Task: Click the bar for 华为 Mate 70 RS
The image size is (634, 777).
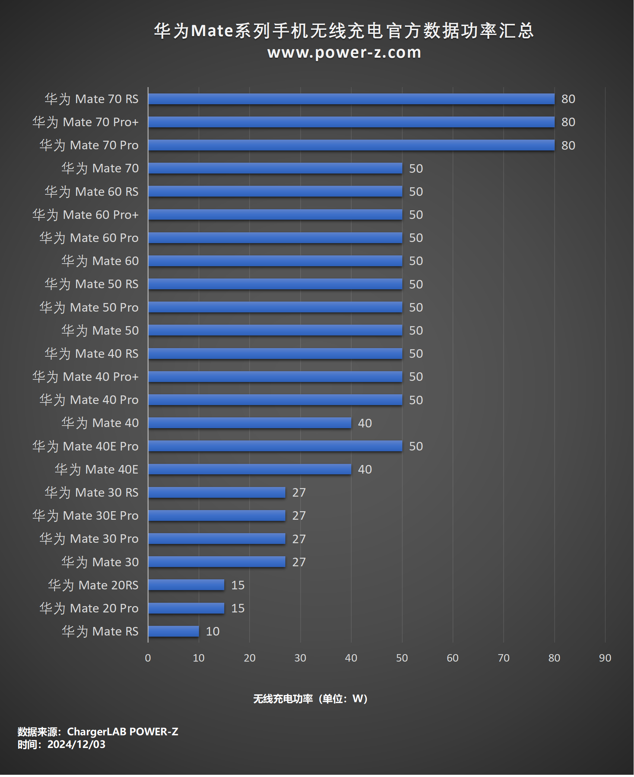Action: click(351, 99)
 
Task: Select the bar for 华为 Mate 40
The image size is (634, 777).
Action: click(250, 423)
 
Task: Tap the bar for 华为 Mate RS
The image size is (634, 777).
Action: click(174, 631)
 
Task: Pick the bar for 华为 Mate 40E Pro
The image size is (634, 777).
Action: click(275, 446)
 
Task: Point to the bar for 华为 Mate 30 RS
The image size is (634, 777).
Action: click(217, 493)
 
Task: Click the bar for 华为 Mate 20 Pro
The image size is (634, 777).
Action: click(186, 608)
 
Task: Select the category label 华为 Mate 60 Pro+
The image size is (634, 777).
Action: click(85, 215)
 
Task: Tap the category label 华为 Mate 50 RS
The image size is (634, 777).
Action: click(91, 284)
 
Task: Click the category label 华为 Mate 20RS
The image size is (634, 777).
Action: click(93, 585)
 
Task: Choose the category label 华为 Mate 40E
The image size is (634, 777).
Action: click(96, 469)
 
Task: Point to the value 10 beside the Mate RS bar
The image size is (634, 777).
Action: click(213, 631)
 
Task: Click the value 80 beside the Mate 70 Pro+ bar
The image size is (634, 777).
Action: click(568, 122)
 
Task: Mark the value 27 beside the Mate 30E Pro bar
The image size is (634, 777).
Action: click(299, 516)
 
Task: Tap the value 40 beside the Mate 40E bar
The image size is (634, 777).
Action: click(365, 469)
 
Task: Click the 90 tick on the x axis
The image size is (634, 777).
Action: click(605, 658)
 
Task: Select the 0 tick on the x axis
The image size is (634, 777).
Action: click(148, 658)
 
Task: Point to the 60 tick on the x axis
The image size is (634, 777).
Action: click(453, 658)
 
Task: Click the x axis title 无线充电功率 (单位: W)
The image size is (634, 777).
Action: click(310, 699)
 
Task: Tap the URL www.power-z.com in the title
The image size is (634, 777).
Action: click(344, 52)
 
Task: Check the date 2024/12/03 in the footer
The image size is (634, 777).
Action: click(76, 744)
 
